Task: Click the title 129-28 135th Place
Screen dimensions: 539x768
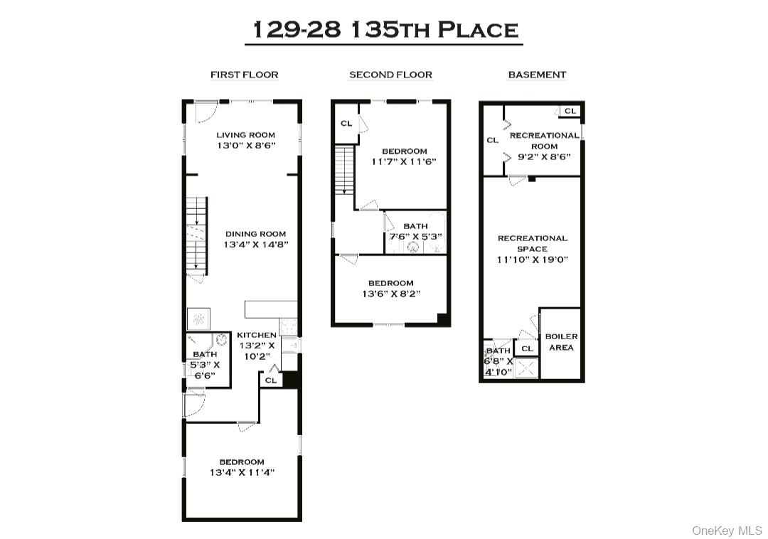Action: click(x=385, y=30)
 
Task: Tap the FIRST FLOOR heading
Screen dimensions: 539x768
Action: click(x=244, y=75)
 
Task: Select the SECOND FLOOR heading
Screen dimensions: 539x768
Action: click(x=390, y=75)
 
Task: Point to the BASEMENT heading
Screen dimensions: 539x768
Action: click(x=537, y=75)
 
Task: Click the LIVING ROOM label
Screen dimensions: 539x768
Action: click(x=245, y=135)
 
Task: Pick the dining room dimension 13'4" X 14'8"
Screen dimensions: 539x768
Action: click(x=256, y=245)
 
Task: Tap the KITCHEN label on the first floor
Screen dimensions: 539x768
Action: click(x=256, y=335)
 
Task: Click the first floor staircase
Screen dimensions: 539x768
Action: click(x=196, y=235)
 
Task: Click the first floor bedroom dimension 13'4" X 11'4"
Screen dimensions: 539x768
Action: click(x=242, y=472)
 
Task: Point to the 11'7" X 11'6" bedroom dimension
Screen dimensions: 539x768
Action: click(x=405, y=161)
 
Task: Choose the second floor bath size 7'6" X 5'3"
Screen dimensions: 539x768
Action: click(x=415, y=237)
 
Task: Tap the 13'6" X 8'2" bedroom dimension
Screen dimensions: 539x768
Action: click(x=390, y=294)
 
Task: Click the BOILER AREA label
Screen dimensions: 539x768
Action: click(x=561, y=342)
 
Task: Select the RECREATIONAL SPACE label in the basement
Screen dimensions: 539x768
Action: click(x=533, y=243)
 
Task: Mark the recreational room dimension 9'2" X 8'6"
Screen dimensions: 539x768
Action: click(x=544, y=157)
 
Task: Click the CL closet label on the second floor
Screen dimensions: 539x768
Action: click(x=346, y=124)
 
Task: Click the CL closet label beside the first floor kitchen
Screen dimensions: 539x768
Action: click(x=270, y=380)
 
